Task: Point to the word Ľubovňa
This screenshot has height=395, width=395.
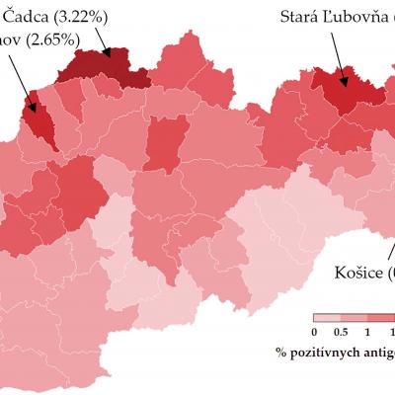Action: pos(357,17)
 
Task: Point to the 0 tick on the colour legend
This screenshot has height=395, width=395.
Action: pos(314,331)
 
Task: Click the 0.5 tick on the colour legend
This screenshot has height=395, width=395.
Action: pos(341,331)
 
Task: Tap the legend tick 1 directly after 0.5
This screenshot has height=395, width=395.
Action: pos(367,331)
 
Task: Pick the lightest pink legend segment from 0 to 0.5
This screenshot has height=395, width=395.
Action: pos(327,318)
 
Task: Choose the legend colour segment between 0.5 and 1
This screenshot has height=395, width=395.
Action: pos(354,318)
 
